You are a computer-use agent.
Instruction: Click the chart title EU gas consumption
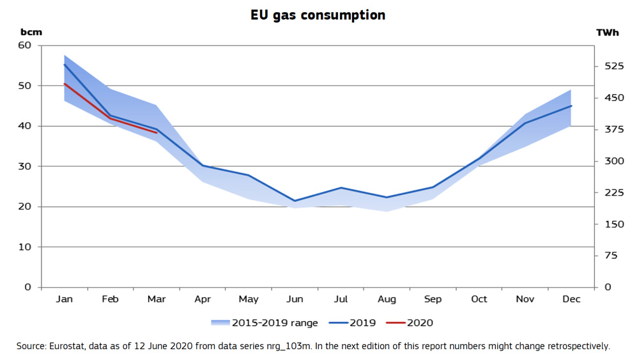[318, 15]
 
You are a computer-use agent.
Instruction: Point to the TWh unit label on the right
[607, 33]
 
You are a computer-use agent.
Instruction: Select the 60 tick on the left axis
[25, 45]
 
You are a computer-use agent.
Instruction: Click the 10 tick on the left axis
[25, 247]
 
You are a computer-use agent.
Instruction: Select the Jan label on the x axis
[65, 299]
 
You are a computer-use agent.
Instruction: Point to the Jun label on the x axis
[295, 299]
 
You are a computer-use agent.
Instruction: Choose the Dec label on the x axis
[571, 299]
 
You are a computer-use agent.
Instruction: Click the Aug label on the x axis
[387, 299]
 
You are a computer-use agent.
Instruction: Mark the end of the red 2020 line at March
[157, 132]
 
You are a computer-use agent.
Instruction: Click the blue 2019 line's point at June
[295, 201]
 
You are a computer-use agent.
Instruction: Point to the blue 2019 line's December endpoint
[571, 106]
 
